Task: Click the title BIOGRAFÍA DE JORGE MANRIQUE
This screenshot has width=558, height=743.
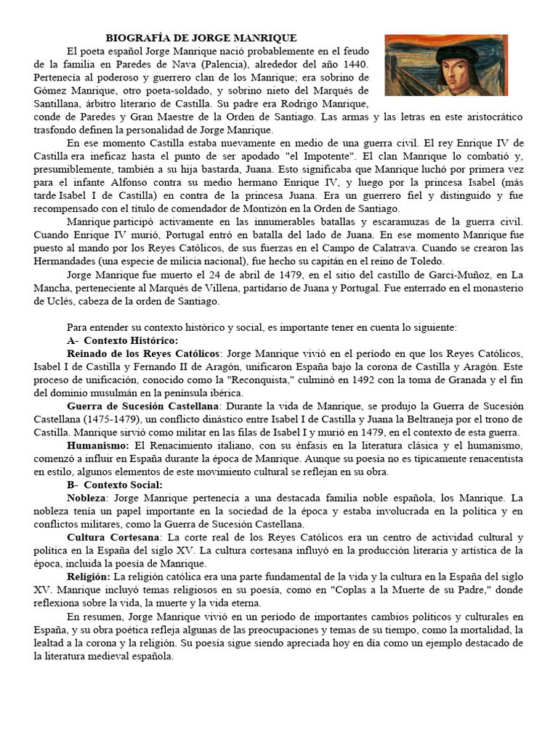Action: pyautogui.click(x=202, y=38)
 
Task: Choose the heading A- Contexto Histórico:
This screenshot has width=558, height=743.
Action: pyautogui.click(x=121, y=340)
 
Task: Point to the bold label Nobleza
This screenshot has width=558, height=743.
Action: pyautogui.click(x=86, y=498)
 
